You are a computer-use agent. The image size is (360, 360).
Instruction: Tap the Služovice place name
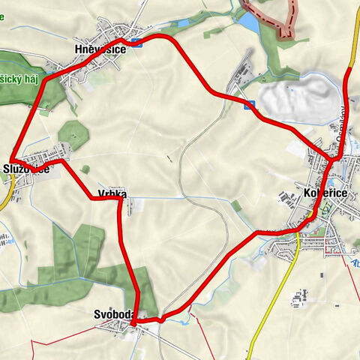pyautogui.click(x=27, y=169)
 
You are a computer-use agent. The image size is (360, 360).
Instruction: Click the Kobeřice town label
pyautogui.click(x=324, y=194)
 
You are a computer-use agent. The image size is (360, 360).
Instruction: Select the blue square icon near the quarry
pyautogui.click(x=249, y=104)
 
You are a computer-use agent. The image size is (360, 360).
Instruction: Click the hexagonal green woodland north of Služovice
pyautogui.click(x=73, y=133)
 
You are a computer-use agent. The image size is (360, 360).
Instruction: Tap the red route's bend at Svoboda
pyautogui.click(x=133, y=322)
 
